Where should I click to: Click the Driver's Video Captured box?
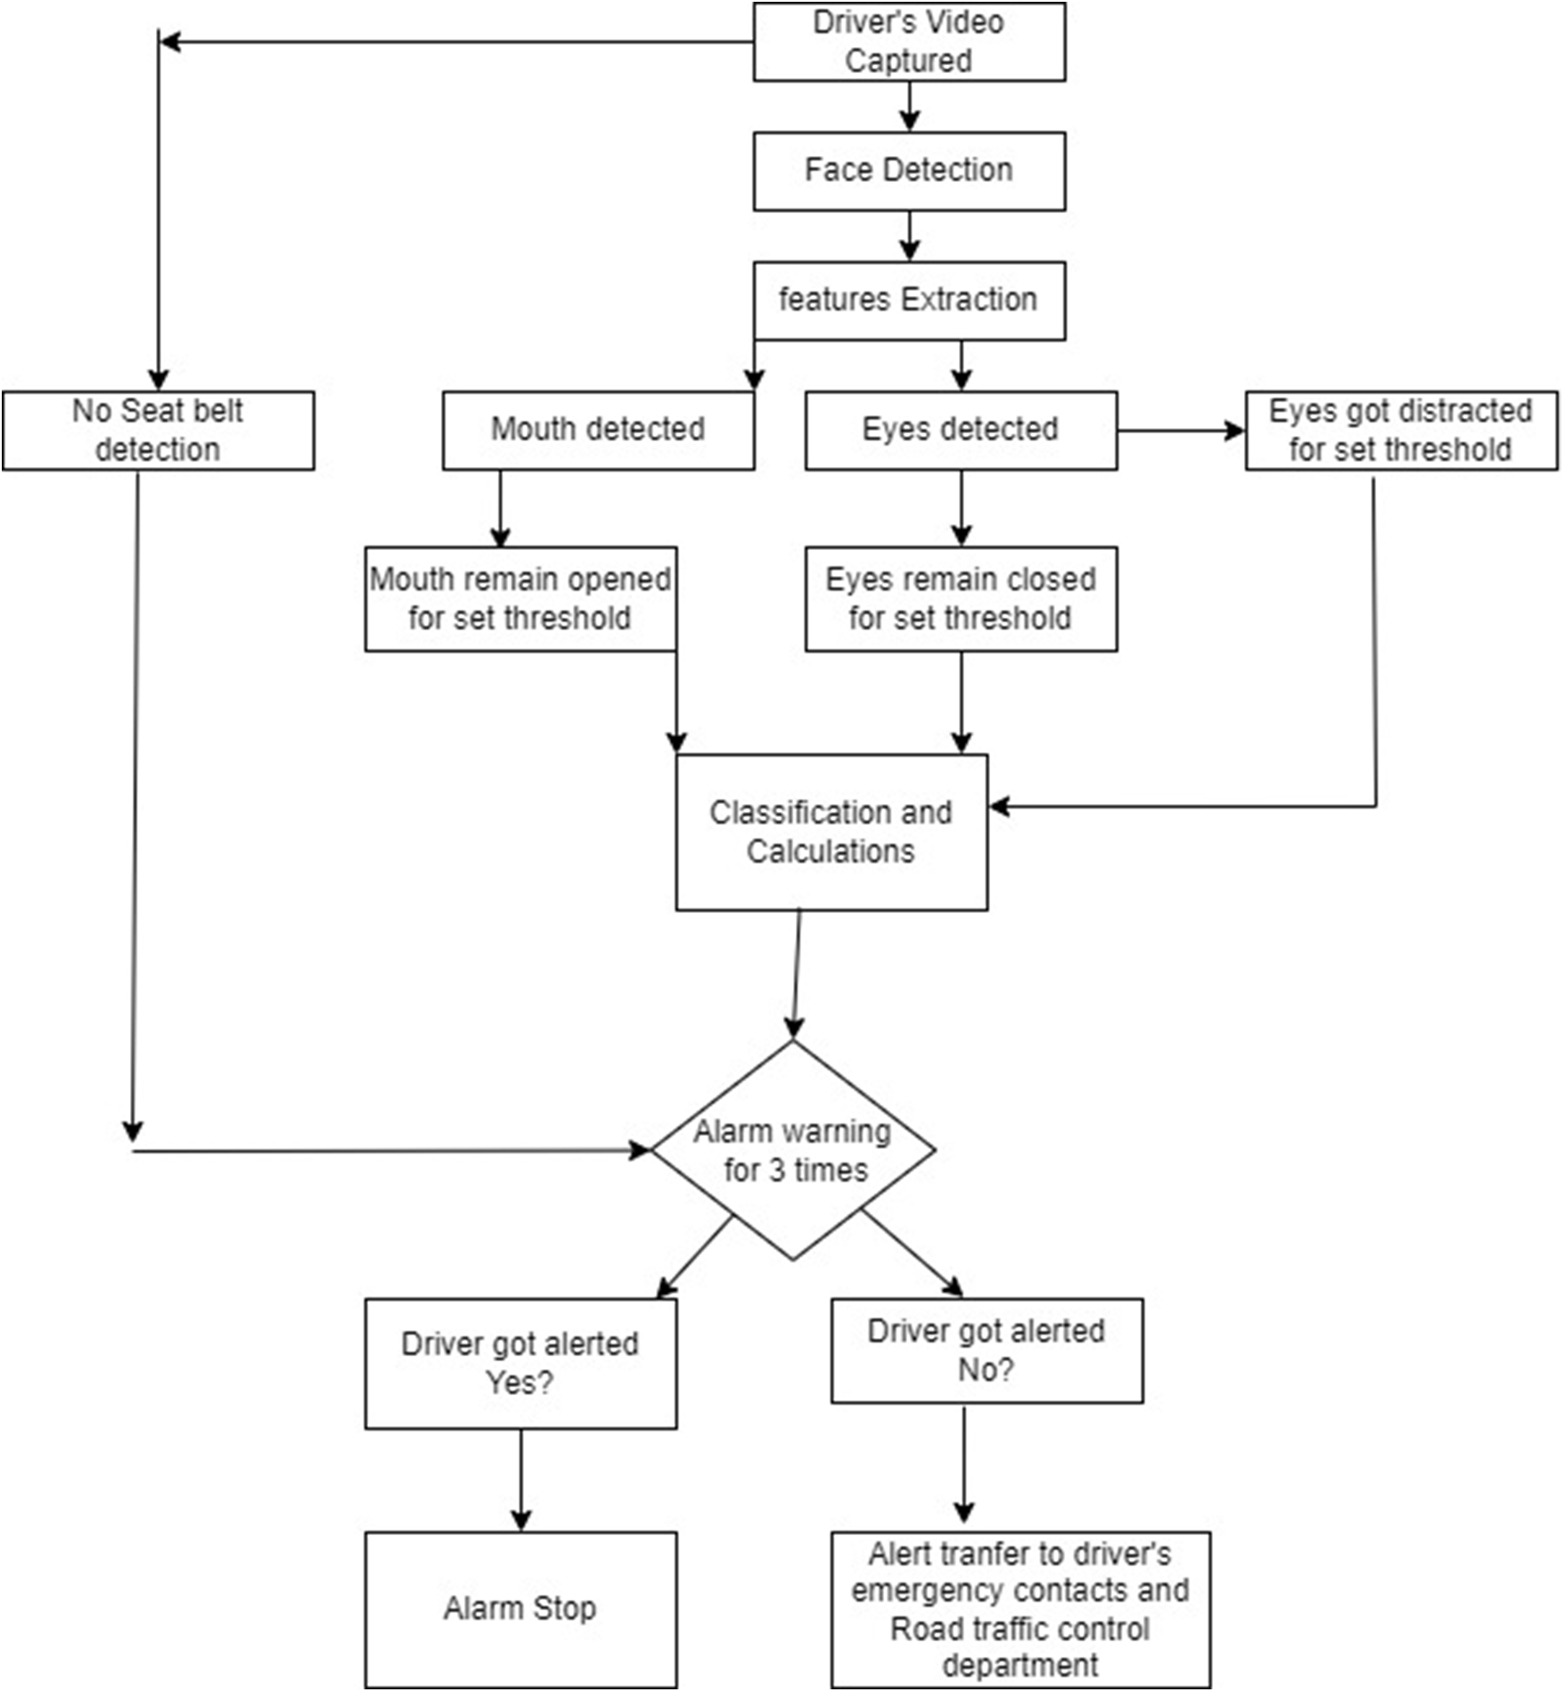[x=909, y=42]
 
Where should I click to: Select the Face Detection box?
[x=909, y=171]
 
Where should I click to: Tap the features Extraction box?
[x=909, y=300]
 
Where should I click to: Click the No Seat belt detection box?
[x=158, y=431]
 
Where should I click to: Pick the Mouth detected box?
[x=598, y=431]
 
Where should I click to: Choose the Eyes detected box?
[x=961, y=431]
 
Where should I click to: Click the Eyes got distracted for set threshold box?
[x=1401, y=431]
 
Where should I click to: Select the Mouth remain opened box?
[x=520, y=599]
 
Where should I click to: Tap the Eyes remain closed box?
[x=961, y=599]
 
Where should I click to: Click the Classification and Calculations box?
[x=831, y=832]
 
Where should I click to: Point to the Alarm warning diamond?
[x=793, y=1150]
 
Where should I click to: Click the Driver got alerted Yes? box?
[x=520, y=1363]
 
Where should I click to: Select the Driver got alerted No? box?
[x=987, y=1351]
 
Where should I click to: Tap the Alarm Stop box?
[x=520, y=1609]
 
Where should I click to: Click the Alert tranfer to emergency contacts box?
[x=1020, y=1609]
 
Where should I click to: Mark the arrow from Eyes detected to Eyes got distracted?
[x=1181, y=431]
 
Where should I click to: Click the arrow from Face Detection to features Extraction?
[x=909, y=236]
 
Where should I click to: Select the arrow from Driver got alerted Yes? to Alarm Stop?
[x=521, y=1480]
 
